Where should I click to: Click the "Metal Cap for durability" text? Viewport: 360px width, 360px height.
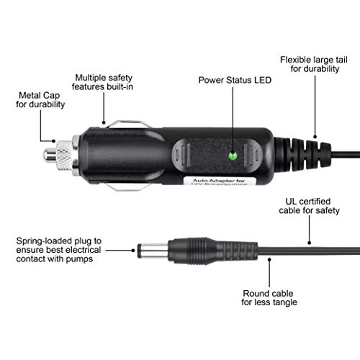pyautogui.click(x=40, y=99)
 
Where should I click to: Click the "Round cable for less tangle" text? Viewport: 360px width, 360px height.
pyautogui.click(x=269, y=297)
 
